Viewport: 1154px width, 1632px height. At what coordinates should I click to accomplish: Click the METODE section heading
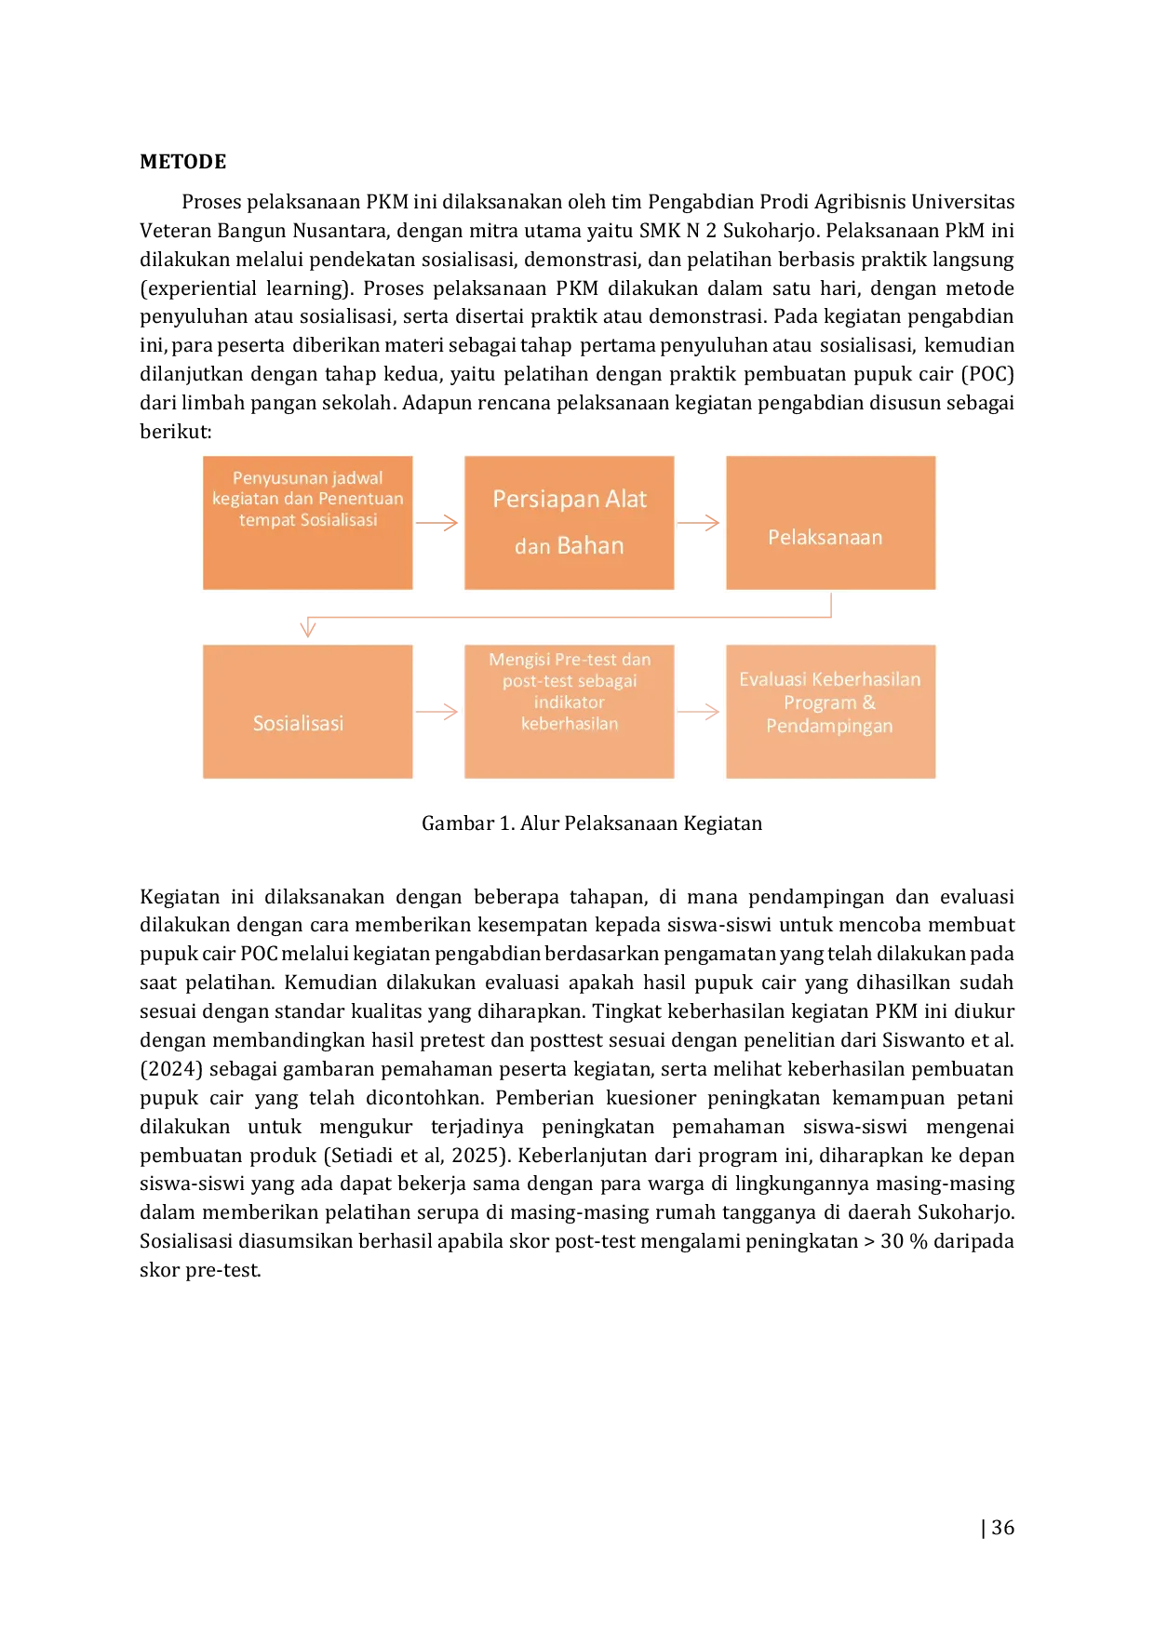click(x=183, y=162)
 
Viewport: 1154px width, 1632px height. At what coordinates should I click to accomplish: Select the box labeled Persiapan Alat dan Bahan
click(x=570, y=523)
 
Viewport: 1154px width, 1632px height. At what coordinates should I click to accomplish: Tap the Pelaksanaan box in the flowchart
click(x=831, y=523)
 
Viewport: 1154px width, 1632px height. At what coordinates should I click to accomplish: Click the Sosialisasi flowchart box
click(x=308, y=712)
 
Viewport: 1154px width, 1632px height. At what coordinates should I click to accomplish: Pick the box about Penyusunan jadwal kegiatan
click(x=308, y=523)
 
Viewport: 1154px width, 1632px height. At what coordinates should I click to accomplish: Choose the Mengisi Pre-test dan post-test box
click(x=570, y=712)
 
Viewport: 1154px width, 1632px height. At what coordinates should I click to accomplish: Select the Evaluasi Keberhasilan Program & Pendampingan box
click(x=831, y=712)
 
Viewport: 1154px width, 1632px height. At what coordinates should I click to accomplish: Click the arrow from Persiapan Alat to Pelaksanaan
click(x=699, y=523)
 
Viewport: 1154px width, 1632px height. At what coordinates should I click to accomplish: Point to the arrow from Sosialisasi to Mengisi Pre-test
click(x=437, y=712)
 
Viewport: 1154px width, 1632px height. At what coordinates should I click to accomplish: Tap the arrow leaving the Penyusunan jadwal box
click(x=437, y=523)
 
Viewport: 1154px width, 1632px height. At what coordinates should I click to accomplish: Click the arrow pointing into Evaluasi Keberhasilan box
click(x=699, y=712)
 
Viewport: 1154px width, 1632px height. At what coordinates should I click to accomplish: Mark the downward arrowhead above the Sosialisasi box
click(x=308, y=629)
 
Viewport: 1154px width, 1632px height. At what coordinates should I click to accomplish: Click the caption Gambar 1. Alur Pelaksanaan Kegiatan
click(x=592, y=823)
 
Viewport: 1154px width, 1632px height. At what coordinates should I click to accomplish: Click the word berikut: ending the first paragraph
click(x=176, y=432)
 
